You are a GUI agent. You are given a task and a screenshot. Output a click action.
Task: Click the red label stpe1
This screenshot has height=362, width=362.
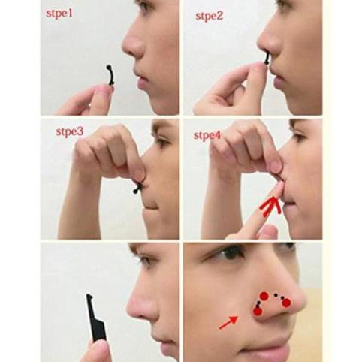64,14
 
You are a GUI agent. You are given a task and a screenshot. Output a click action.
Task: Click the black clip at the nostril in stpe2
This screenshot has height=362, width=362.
267,56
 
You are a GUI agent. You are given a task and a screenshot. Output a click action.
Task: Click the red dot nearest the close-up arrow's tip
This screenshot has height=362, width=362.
258,311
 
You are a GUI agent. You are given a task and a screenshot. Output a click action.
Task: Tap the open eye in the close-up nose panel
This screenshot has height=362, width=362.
229,254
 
